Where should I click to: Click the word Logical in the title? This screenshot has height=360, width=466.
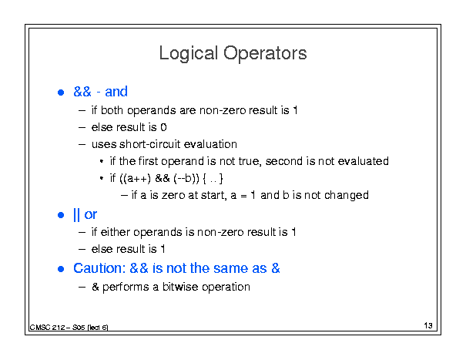click(189, 54)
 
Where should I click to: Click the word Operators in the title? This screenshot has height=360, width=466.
click(265, 53)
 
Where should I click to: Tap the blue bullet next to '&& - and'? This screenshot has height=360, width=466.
click(61, 93)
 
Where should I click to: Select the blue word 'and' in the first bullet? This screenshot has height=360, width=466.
click(116, 92)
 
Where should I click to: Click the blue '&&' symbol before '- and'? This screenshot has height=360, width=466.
click(82, 92)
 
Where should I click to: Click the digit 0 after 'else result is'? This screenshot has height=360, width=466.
click(163, 127)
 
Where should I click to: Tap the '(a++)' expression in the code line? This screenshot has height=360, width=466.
click(136, 178)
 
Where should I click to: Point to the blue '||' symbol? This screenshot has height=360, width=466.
click(76, 214)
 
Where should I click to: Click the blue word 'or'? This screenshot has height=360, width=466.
click(91, 215)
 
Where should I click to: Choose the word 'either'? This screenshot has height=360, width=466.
click(116, 232)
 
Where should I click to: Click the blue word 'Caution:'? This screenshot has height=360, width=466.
click(99, 268)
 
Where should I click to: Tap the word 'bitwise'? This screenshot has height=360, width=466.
click(180, 287)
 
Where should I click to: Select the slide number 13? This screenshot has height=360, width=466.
click(428, 325)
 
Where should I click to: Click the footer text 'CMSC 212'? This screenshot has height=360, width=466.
click(47, 328)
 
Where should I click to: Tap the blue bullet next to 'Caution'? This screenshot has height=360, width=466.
click(61, 269)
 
